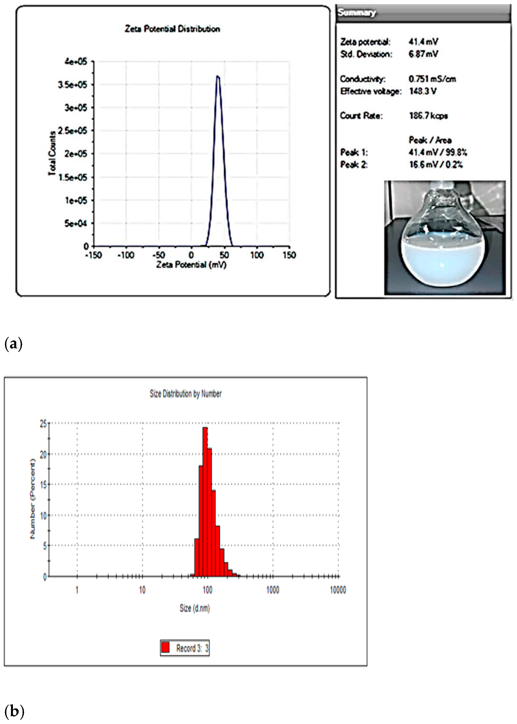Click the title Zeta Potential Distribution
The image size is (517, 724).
172,29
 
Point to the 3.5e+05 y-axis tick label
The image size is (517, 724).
73,85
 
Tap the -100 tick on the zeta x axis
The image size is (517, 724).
126,255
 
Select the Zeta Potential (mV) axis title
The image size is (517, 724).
191,265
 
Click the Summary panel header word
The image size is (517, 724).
357,13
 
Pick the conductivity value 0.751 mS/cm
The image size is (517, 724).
432,79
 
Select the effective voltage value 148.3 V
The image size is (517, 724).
422,91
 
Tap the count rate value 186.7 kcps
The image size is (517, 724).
428,116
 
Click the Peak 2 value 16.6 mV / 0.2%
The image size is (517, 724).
435,165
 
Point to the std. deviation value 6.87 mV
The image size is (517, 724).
423,54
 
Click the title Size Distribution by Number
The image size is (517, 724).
186,394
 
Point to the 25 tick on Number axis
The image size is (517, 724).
43,424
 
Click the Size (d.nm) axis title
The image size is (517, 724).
195,608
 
